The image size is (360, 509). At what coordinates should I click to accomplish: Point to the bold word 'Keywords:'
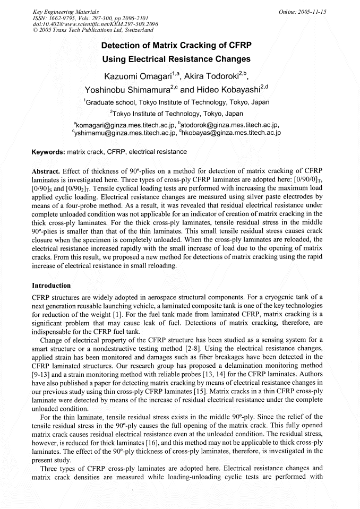(x=48, y=152)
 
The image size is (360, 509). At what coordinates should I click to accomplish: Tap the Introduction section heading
(x=52, y=286)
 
